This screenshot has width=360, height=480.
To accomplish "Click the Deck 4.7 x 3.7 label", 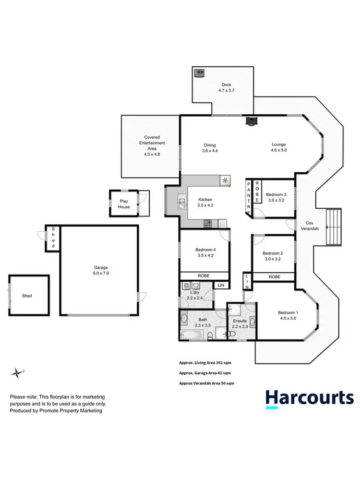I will coord(226,87).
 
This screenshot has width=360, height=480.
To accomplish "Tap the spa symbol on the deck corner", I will coord(199,73).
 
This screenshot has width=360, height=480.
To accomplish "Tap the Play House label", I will coord(124,204).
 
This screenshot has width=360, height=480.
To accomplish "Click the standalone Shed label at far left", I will coord(27,296).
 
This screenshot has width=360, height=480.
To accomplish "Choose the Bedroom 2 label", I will coord(272,256).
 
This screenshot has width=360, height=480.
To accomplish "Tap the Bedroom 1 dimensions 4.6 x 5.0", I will coord(288,319).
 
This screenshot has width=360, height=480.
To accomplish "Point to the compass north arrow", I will coord(18,372).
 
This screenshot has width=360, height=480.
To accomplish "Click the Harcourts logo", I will coord(310,398).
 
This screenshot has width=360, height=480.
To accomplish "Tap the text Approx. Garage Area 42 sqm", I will coord(204,372).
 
